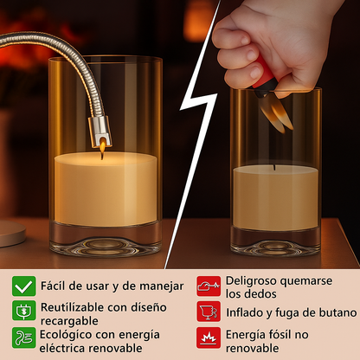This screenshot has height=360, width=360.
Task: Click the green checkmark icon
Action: [x=24, y=286]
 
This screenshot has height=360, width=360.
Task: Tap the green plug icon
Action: [x=24, y=311]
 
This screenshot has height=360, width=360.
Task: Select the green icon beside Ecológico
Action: [x=24, y=337]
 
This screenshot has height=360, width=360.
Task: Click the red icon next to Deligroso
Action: [x=209, y=286]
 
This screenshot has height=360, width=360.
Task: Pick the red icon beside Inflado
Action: [x=209, y=312]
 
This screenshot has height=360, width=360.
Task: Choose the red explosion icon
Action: [x=209, y=337]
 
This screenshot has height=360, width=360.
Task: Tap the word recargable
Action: [x=69, y=321]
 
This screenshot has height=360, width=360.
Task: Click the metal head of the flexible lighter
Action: [x=100, y=132]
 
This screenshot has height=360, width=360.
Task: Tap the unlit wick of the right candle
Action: [x=274, y=168]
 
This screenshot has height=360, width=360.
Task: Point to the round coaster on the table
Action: [x=11, y=233]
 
